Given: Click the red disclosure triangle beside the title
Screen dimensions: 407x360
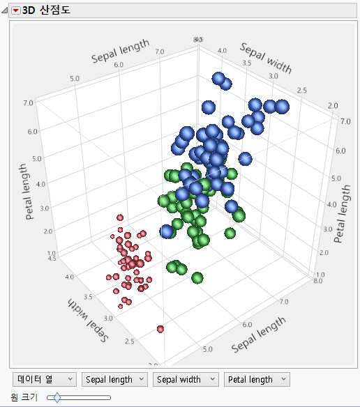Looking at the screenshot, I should point(16,10).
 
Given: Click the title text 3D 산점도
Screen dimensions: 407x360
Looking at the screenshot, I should point(45,10).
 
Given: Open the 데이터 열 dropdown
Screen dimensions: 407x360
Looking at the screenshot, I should point(45,379).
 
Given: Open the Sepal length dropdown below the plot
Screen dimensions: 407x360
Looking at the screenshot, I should point(114,379).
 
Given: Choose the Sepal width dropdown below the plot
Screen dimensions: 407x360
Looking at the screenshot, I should point(185,379).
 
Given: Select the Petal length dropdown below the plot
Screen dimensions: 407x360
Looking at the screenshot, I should point(255,379).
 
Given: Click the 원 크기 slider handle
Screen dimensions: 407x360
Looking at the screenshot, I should point(57,397).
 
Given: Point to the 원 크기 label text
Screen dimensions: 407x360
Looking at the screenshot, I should point(24,397).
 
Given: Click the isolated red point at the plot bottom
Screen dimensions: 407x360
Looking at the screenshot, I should point(161,328).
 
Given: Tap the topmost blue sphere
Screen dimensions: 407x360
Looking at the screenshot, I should point(218,79).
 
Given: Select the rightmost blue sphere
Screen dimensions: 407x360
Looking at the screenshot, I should point(282,107).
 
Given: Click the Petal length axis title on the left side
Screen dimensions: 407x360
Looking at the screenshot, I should point(30,192).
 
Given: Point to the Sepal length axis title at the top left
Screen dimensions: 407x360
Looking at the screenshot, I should point(120,52).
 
